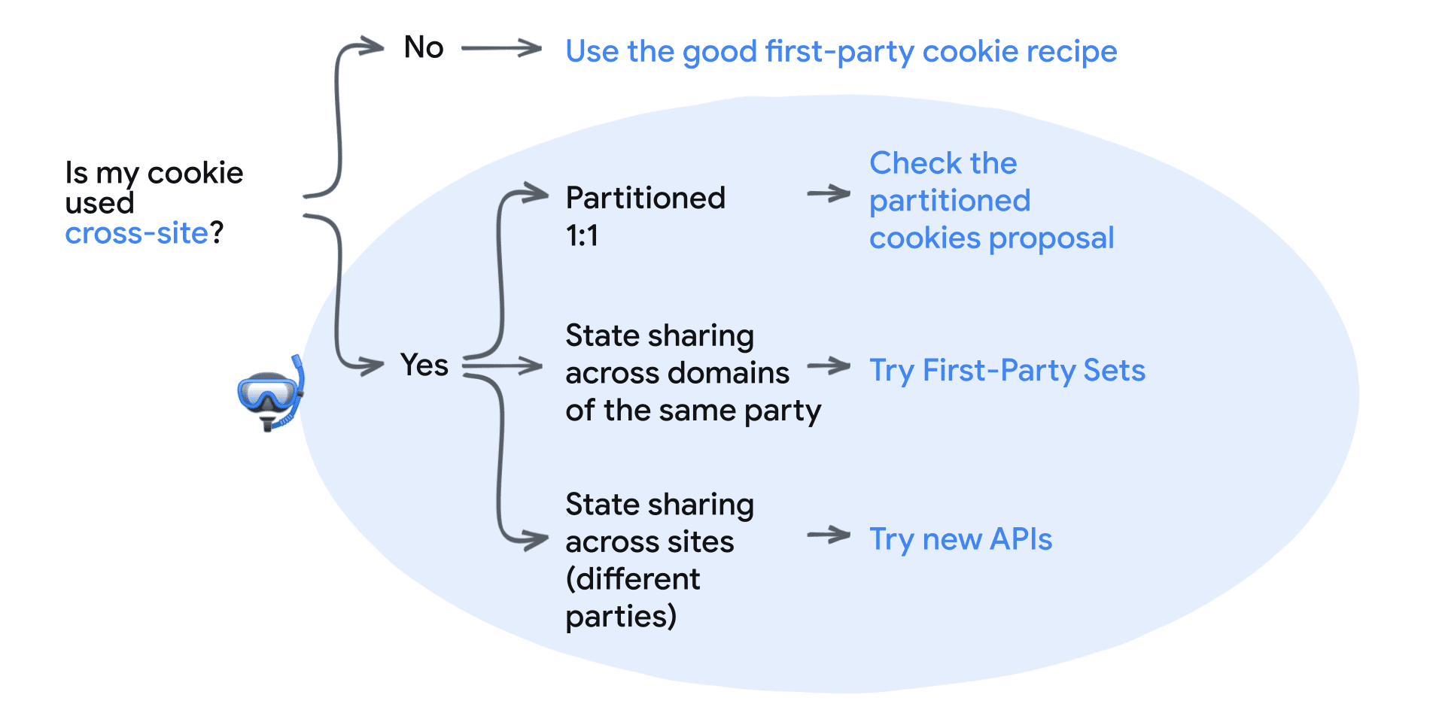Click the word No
tap(424, 47)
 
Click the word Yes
tap(424, 366)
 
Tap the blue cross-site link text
tap(136, 233)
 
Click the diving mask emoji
tap(270, 396)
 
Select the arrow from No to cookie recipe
tap(501, 48)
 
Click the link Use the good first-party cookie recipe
tap(841, 52)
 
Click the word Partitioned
tap(645, 199)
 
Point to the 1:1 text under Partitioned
tap(582, 236)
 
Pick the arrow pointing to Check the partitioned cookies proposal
tap(828, 194)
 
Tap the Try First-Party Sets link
tap(1007, 371)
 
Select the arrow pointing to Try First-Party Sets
tap(828, 367)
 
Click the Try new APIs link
tap(960, 539)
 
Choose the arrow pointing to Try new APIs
tap(828, 535)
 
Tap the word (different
tap(633, 579)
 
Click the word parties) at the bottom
tap(621, 617)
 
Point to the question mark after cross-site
tap(217, 233)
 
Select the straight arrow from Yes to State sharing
tap(503, 366)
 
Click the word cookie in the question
tap(195, 174)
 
